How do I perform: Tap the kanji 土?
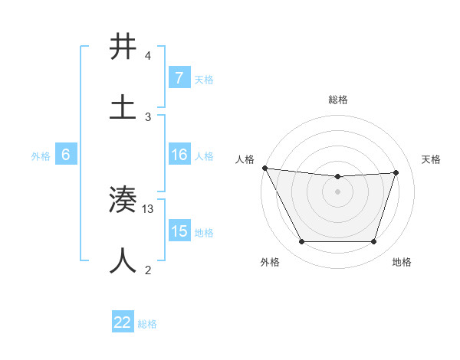click(x=123, y=107)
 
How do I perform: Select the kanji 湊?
click(x=123, y=201)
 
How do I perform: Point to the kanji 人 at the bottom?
click(x=123, y=260)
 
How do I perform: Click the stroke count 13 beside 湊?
click(x=149, y=209)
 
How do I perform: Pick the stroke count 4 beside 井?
click(x=148, y=56)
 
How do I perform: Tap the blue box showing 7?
click(x=179, y=78)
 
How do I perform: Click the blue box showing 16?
click(x=179, y=155)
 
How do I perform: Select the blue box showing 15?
click(x=179, y=231)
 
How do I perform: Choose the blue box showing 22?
click(x=123, y=322)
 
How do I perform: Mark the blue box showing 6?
click(x=66, y=155)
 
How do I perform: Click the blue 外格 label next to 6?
click(x=41, y=156)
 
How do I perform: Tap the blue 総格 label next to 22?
click(x=147, y=324)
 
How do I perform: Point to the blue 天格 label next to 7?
click(x=204, y=79)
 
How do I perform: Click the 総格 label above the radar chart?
click(x=338, y=100)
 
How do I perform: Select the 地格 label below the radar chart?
click(x=402, y=263)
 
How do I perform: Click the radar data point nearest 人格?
click(x=264, y=168)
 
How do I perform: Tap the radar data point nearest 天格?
click(x=396, y=172)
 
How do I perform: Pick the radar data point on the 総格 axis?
click(x=338, y=177)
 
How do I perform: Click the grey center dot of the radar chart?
click(x=338, y=191)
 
